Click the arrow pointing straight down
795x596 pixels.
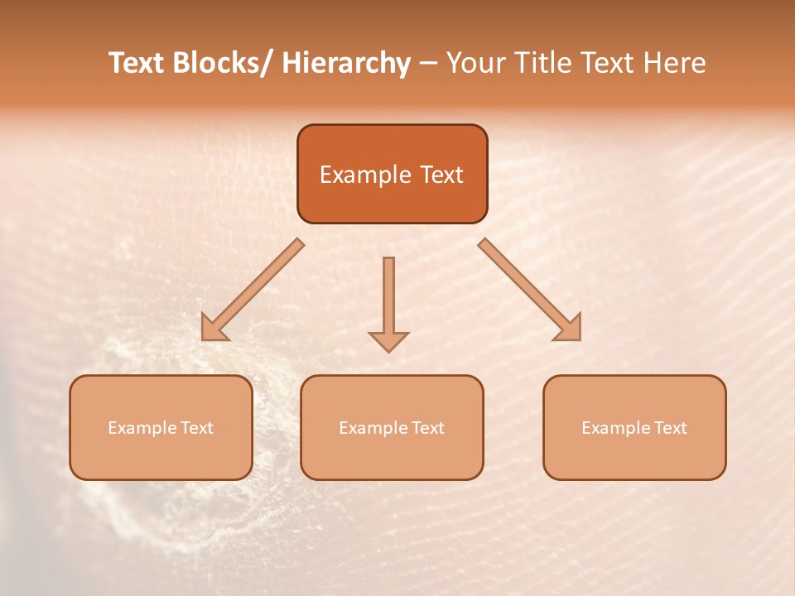point(388,302)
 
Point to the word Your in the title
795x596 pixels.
point(475,63)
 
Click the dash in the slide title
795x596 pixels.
point(428,65)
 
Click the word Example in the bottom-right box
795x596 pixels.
point(610,428)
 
